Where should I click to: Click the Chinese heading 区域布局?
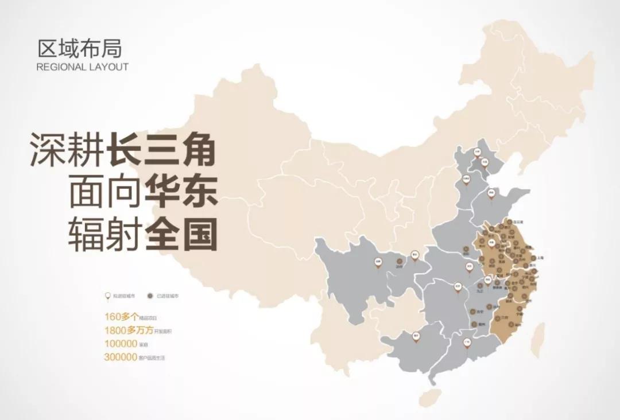pos(80,48)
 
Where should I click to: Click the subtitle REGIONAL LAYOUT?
pos(82,67)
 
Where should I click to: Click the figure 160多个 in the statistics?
pos(120,317)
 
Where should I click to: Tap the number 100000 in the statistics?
pos(121,344)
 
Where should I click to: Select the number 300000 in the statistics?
pos(121,357)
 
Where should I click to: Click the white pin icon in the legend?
pos(107,296)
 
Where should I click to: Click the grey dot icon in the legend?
pos(150,296)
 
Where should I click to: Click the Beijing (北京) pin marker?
pos(477,153)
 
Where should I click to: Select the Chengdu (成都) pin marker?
pos(378,262)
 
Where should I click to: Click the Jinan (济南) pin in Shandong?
pos(491,193)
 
